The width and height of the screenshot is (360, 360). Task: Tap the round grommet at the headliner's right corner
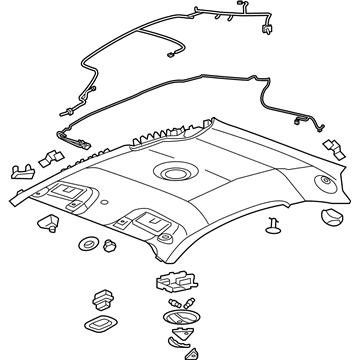click(322, 182)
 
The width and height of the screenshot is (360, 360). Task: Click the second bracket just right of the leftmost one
click(46, 158)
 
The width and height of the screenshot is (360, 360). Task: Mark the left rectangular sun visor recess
click(68, 192)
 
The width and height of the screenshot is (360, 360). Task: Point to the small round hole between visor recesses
click(106, 207)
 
